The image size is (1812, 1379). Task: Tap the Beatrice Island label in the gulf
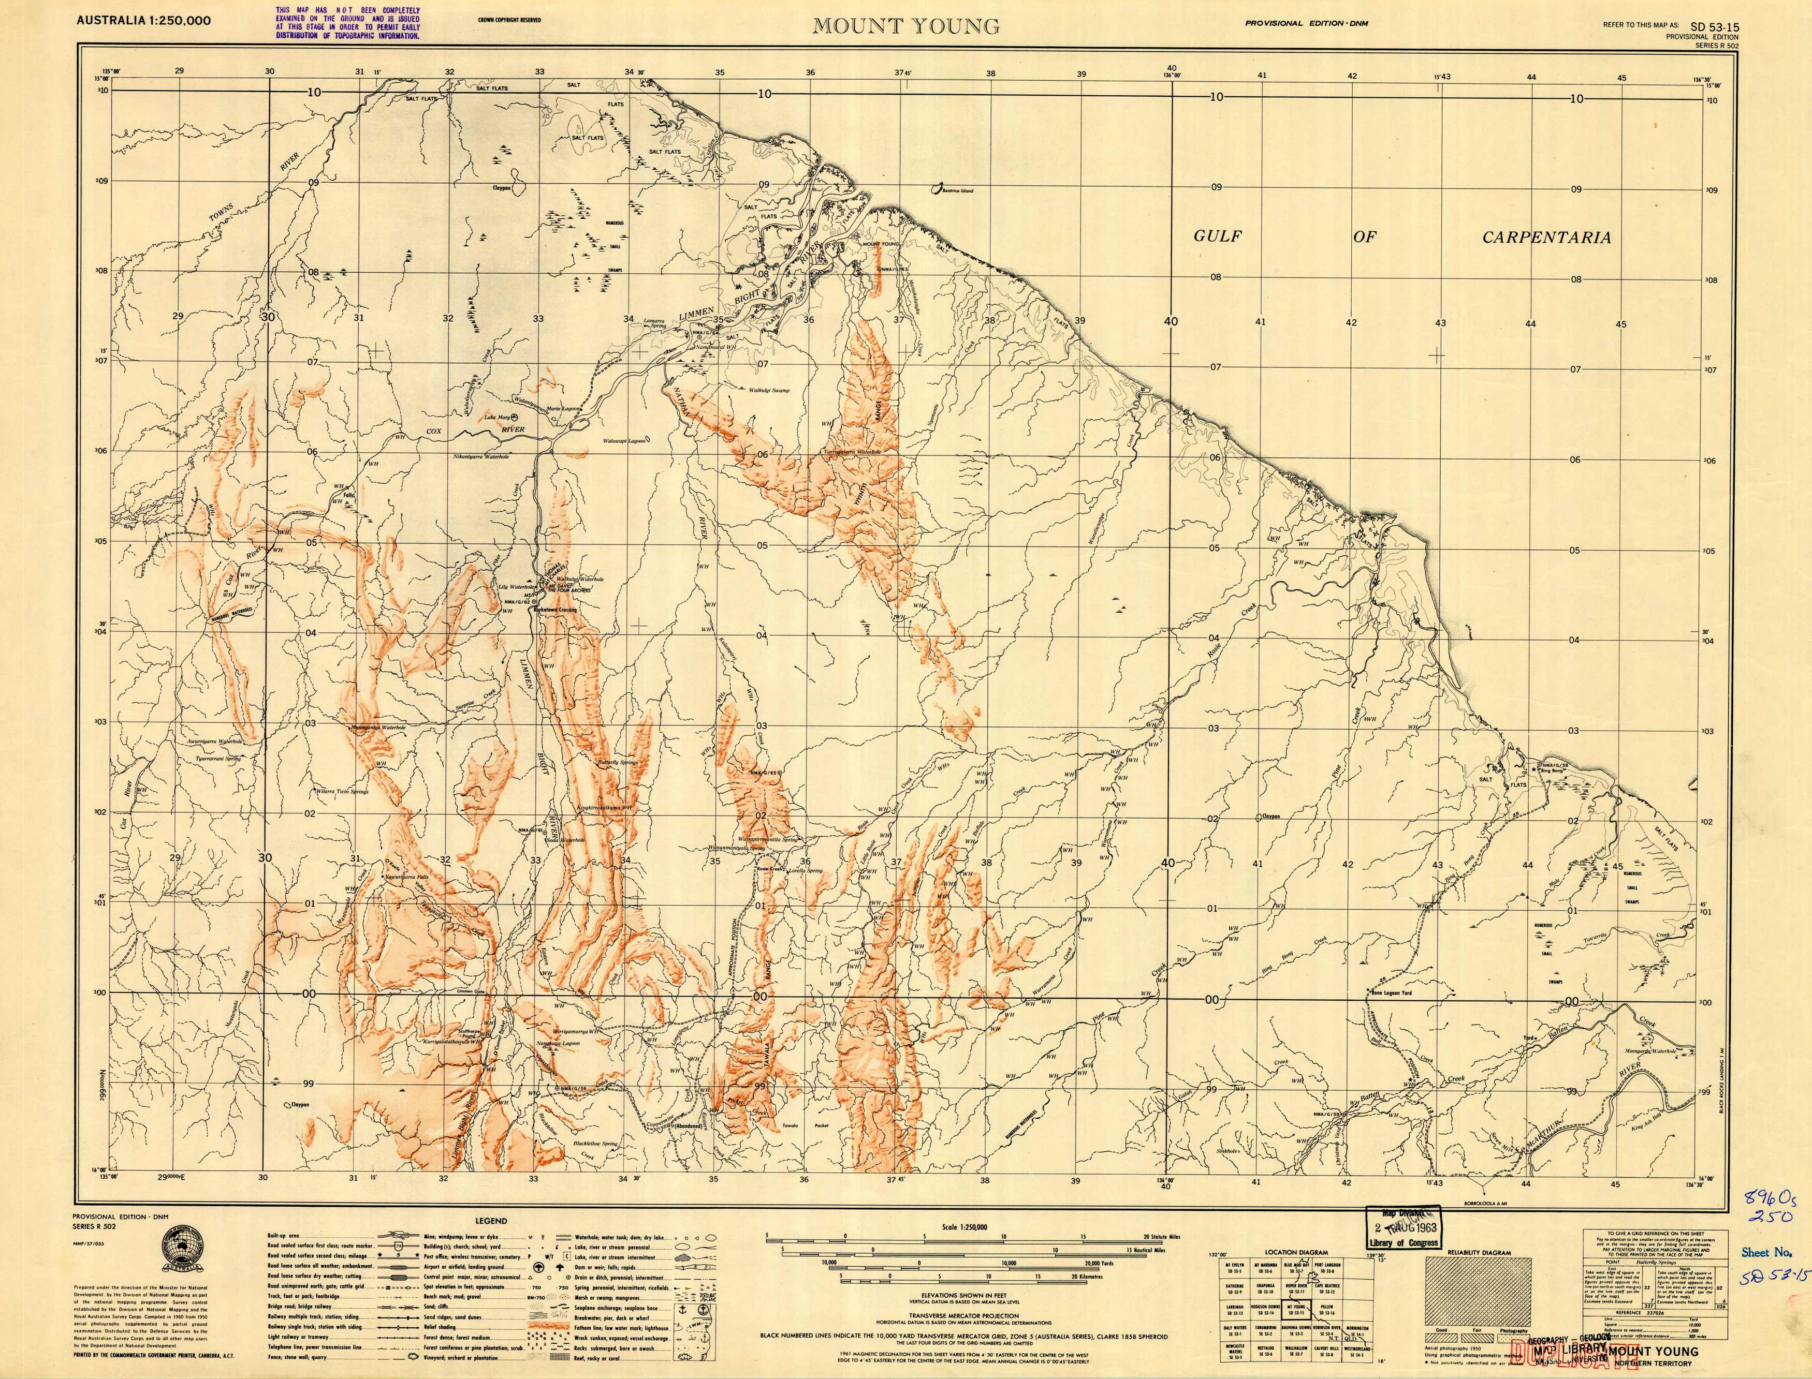pyautogui.click(x=957, y=190)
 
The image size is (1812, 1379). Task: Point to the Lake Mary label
pyautogui.click(x=496, y=418)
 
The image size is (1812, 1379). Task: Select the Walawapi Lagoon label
pyautogui.click(x=625, y=441)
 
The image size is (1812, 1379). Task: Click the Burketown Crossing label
pyautogui.click(x=556, y=610)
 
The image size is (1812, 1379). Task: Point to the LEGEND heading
pyautogui.click(x=491, y=1221)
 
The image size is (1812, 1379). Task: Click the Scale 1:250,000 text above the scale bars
pyautogui.click(x=965, y=1228)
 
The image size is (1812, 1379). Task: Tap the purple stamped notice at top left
pyautogui.click(x=347, y=22)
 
